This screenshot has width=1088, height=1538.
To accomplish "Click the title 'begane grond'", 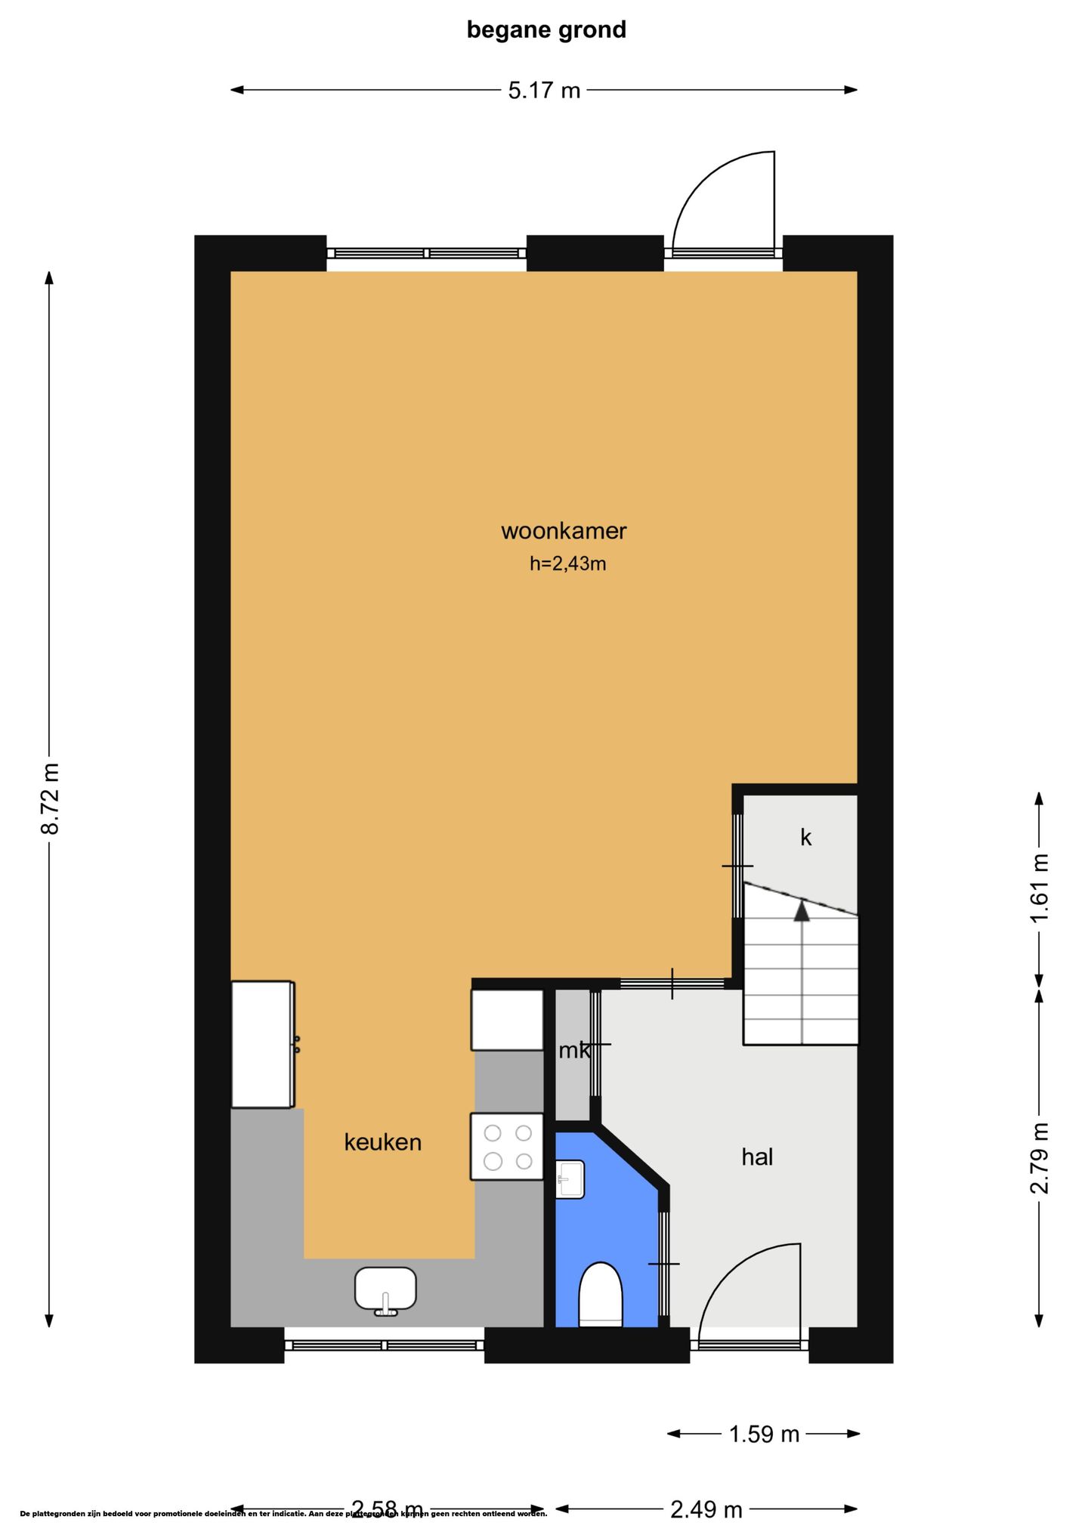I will coord(546,30).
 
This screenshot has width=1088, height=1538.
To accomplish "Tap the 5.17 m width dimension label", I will coord(544,91).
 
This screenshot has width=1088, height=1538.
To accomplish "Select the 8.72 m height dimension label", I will coord(50,798).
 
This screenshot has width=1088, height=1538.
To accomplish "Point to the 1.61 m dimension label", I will coord(1040,888).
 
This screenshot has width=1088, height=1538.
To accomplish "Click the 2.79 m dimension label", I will coord(1040,1157).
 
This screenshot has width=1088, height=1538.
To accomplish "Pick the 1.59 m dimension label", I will coord(763,1434).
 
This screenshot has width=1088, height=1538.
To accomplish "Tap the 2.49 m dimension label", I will coord(706,1509).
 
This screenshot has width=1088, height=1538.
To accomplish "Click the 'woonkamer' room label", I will coord(564,531).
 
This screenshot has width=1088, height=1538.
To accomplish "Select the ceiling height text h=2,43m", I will coord(567,564).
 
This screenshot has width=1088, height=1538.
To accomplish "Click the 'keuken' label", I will coord(382,1142).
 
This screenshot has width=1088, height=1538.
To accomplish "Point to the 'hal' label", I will coord(756,1157).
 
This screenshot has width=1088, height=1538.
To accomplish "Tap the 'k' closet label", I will coord(805,838).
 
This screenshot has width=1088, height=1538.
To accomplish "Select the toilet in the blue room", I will coord(601,1294).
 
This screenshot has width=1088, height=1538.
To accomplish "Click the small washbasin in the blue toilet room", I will coord(570,1179).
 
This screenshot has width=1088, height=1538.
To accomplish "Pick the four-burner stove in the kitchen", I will coord(507,1147).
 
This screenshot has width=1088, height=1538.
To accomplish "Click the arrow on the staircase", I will coord(802,912).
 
